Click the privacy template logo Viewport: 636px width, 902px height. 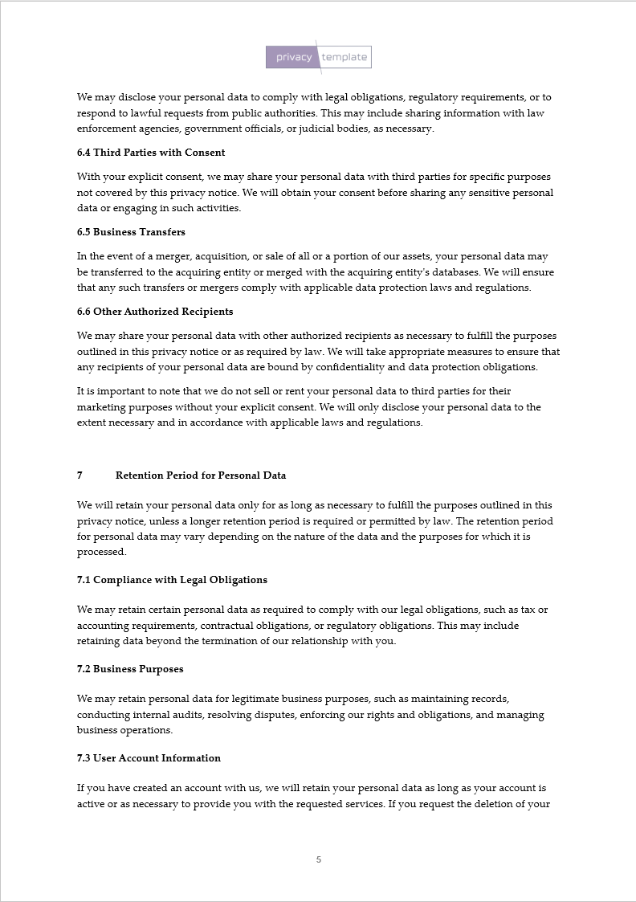tap(319, 57)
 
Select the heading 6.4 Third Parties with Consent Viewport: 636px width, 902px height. tap(151, 153)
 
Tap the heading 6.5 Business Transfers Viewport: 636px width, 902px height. tap(131, 232)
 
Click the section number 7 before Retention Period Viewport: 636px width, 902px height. tap(79, 475)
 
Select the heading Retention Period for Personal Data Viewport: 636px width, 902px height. tap(201, 475)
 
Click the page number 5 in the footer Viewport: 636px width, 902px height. tap(319, 859)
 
